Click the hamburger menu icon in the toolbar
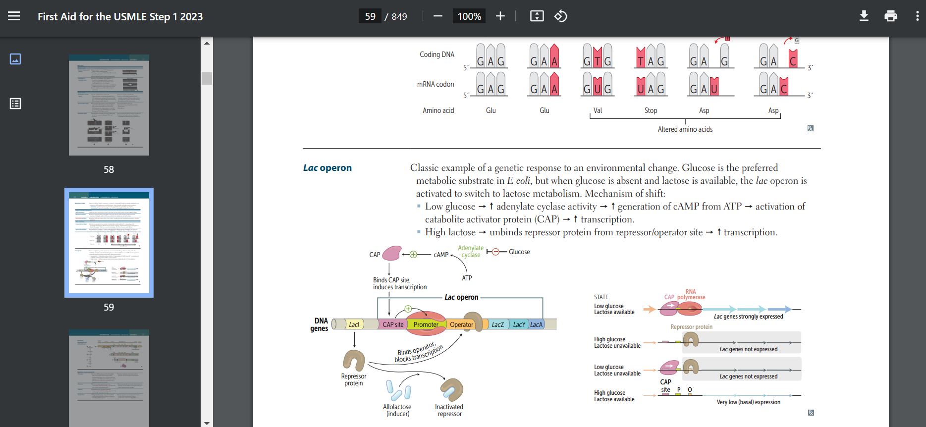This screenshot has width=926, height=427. (x=14, y=16)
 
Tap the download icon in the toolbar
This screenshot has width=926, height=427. (x=864, y=16)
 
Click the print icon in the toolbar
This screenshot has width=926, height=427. (x=890, y=16)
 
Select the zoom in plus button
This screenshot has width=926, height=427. (x=500, y=16)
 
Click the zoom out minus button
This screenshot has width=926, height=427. (x=437, y=16)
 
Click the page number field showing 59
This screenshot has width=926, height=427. (x=370, y=16)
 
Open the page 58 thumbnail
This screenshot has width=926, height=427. (x=109, y=105)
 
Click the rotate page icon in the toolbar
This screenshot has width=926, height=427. (x=560, y=16)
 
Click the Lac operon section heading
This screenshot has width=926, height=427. (x=327, y=168)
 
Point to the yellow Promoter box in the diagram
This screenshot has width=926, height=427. (x=426, y=325)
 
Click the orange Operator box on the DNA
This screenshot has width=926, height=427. (x=461, y=325)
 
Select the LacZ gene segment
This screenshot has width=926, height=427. (x=497, y=325)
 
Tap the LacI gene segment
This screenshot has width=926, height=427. (x=354, y=325)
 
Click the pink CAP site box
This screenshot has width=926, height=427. (x=393, y=325)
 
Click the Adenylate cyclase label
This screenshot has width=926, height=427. (x=471, y=251)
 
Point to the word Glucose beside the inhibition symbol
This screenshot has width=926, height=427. (x=519, y=252)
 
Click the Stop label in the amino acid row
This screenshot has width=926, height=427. (x=651, y=110)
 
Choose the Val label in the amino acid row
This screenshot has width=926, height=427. (x=598, y=110)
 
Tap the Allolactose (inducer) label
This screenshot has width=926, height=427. (x=397, y=410)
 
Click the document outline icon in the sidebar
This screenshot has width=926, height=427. (x=15, y=104)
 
